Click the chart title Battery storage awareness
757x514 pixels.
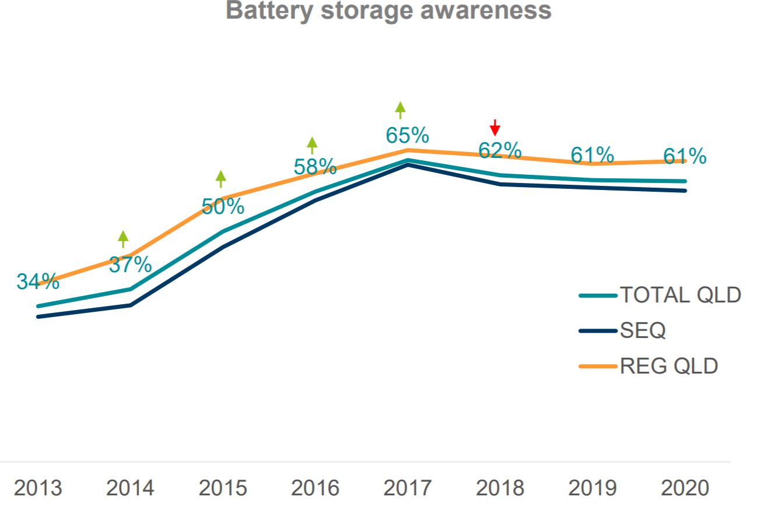coord(388,10)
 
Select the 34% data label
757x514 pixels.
coord(38,281)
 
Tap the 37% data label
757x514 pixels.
coord(130,265)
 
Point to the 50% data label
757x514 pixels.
coord(223,206)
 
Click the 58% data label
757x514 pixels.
coord(315,167)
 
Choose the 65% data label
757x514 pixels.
coord(407,136)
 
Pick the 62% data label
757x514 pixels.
coord(500,150)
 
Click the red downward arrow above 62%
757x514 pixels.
coord(495,127)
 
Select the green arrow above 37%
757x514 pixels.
coord(123,238)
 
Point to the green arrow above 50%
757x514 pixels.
coord(220,178)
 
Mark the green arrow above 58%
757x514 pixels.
coord(313,145)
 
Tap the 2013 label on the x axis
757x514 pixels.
coord(38,488)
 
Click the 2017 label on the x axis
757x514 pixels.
coord(407,488)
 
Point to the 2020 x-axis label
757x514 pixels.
coord(685,488)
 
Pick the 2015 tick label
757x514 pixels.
coord(223,488)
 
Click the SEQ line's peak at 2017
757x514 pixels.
coord(408,165)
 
